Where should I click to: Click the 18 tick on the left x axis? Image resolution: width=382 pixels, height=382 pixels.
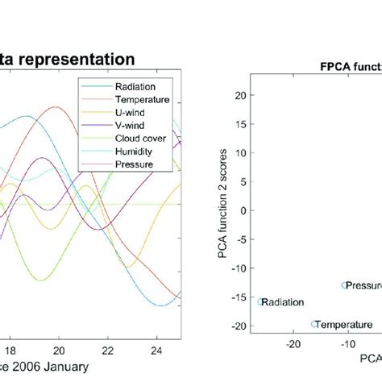tap(10, 351)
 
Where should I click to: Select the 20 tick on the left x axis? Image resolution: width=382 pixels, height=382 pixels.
tap(58, 351)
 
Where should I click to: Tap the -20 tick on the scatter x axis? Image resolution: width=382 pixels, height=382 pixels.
tap(294, 343)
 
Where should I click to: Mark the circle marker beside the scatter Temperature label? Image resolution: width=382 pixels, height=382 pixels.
tap(314, 324)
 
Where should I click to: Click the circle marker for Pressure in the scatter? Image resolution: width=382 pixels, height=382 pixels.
tap(344, 285)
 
